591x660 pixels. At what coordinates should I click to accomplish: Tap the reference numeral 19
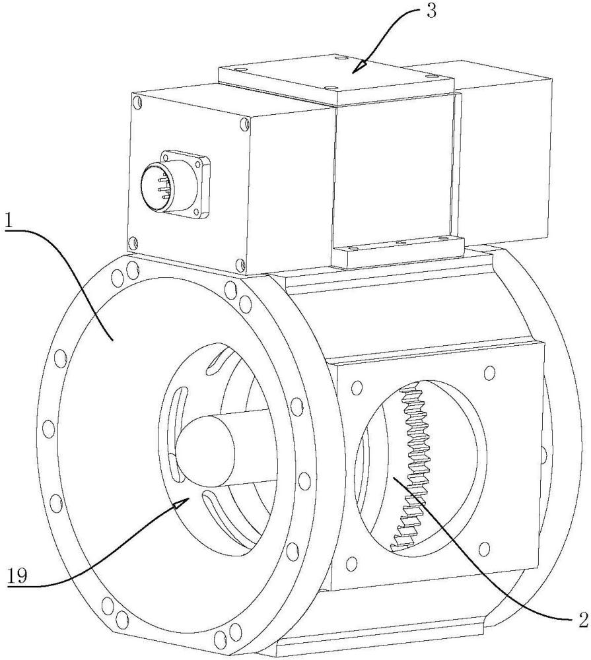point(17,574)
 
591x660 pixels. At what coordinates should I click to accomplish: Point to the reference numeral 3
point(431,11)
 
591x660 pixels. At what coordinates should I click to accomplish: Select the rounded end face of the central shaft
point(205,450)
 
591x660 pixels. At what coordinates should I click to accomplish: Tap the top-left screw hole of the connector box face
point(137,102)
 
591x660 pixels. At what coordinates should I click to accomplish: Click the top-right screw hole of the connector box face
point(242,124)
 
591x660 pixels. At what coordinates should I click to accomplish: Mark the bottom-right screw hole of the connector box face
point(240,265)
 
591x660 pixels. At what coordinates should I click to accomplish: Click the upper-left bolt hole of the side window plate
point(357,386)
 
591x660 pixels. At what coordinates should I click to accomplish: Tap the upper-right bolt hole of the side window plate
point(489,372)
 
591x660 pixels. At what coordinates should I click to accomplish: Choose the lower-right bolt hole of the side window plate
point(485,548)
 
